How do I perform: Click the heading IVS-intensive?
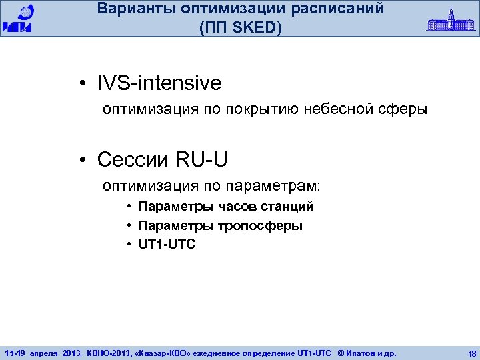[x=159, y=83]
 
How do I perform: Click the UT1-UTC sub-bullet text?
[x=167, y=245]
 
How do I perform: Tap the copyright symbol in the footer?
[x=341, y=351]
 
